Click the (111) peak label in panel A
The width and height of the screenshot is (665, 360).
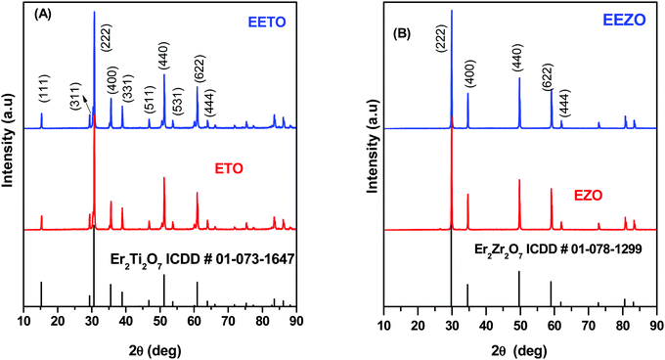click(x=42, y=91)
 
